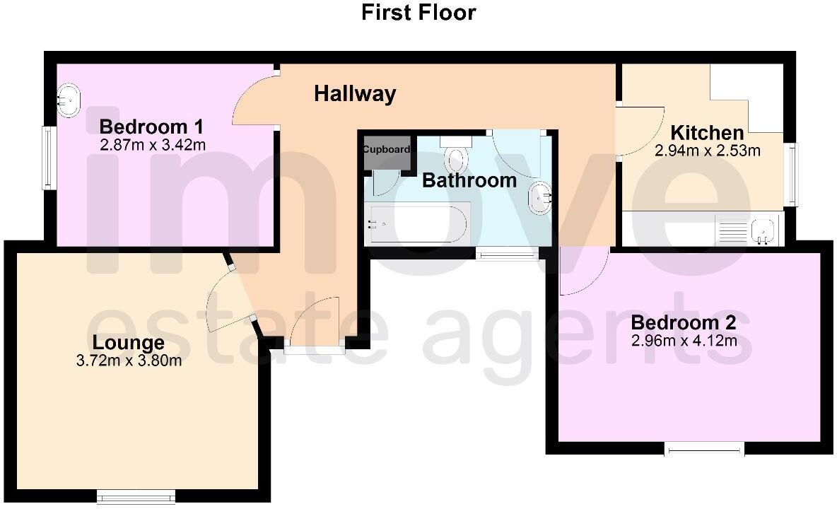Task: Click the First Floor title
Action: click(x=418, y=12)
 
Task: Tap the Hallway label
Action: click(x=355, y=93)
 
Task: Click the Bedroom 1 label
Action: click(x=151, y=127)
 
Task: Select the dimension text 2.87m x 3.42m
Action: click(x=153, y=146)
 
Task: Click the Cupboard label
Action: click(x=387, y=150)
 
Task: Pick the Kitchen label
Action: click(x=706, y=133)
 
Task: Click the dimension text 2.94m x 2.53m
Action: click(x=708, y=151)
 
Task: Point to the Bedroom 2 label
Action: click(x=683, y=323)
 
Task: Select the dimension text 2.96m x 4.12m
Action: click(x=684, y=341)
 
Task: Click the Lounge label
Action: click(x=129, y=343)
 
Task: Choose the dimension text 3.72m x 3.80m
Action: click(x=129, y=361)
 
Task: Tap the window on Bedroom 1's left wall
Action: click(x=49, y=158)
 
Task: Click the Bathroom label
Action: click(x=469, y=180)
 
